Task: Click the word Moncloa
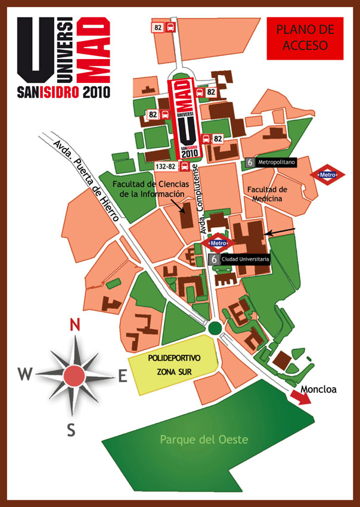[319, 389]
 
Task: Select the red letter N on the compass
[75, 324]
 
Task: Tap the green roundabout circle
[215, 327]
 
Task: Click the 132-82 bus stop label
[166, 166]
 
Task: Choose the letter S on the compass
[71, 429]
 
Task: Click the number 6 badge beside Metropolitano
[250, 162]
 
